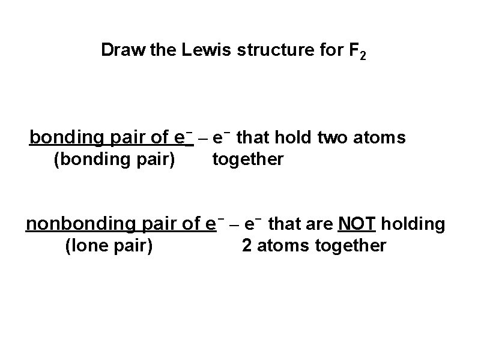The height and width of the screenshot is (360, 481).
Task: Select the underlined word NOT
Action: [357, 224]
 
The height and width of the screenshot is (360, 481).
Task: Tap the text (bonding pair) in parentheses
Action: [115, 161]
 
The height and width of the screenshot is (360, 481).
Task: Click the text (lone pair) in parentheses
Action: [109, 246]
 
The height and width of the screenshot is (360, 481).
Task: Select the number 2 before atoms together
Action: [247, 246]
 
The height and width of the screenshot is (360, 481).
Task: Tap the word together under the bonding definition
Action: [247, 161]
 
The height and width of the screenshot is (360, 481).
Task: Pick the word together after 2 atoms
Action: [348, 246]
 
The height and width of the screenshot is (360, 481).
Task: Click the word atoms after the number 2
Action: [282, 246]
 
